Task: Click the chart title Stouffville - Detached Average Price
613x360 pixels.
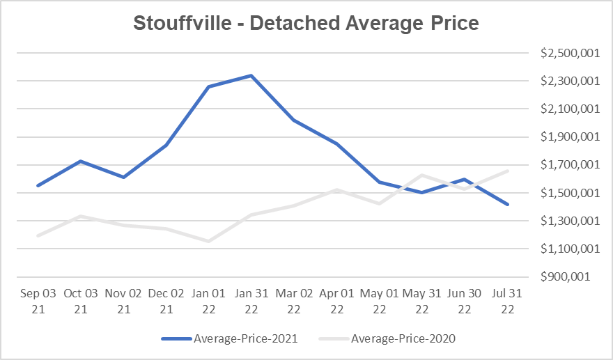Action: click(306, 23)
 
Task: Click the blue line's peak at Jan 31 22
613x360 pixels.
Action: click(251, 75)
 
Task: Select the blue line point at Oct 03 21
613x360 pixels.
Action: click(81, 161)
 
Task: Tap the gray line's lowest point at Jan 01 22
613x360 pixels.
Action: click(208, 241)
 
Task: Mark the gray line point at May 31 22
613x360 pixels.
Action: click(421, 175)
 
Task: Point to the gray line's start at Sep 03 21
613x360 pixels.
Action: click(38, 235)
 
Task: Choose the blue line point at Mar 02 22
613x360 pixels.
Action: click(293, 120)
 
